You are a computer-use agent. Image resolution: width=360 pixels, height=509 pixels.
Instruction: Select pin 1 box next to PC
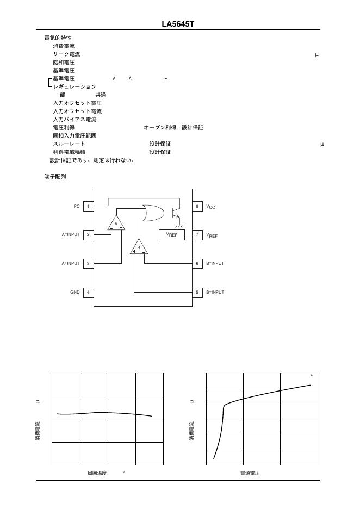(88, 207)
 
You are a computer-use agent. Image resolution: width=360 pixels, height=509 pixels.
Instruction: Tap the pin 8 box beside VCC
(197, 207)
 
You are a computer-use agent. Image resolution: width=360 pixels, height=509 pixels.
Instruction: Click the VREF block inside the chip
(172, 235)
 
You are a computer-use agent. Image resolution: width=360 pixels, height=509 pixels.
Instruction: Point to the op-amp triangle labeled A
(116, 224)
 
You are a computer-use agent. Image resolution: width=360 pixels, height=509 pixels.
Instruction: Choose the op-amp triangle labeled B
(139, 247)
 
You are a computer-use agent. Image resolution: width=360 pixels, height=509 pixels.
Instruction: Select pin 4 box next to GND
(88, 292)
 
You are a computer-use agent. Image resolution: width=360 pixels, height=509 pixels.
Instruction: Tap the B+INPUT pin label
(215, 292)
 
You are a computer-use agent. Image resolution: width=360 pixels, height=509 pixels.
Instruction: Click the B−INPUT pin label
(215, 263)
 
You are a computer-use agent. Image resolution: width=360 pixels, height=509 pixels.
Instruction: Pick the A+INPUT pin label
(71, 263)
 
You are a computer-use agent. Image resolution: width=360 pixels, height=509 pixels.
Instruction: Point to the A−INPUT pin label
(71, 235)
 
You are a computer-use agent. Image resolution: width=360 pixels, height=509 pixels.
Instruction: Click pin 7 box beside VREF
(197, 235)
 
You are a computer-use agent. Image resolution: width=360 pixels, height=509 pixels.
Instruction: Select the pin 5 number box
(197, 292)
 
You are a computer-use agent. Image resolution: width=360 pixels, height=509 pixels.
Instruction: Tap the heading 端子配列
(55, 177)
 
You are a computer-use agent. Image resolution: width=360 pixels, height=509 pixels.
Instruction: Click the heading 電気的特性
(58, 38)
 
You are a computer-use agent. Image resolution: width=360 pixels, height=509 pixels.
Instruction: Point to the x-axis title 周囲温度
(97, 473)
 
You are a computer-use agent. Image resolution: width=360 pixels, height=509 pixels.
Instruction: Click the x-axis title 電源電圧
(250, 473)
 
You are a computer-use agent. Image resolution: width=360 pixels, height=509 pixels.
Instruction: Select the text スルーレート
(69, 144)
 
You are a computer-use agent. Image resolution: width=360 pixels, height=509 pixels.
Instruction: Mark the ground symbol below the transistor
(178, 225)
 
